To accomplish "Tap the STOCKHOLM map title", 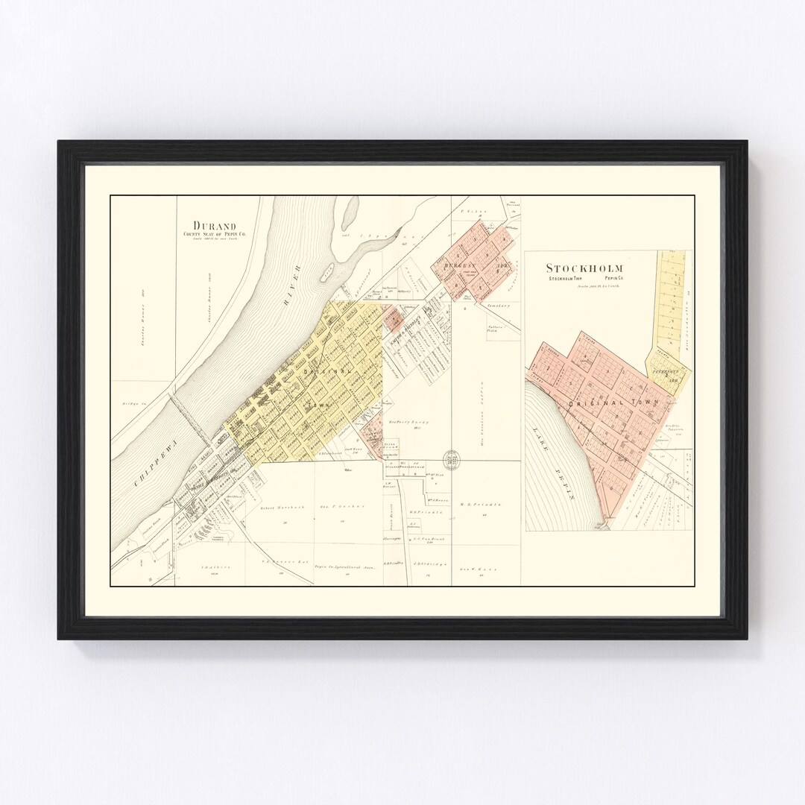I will click(x=585, y=268).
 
